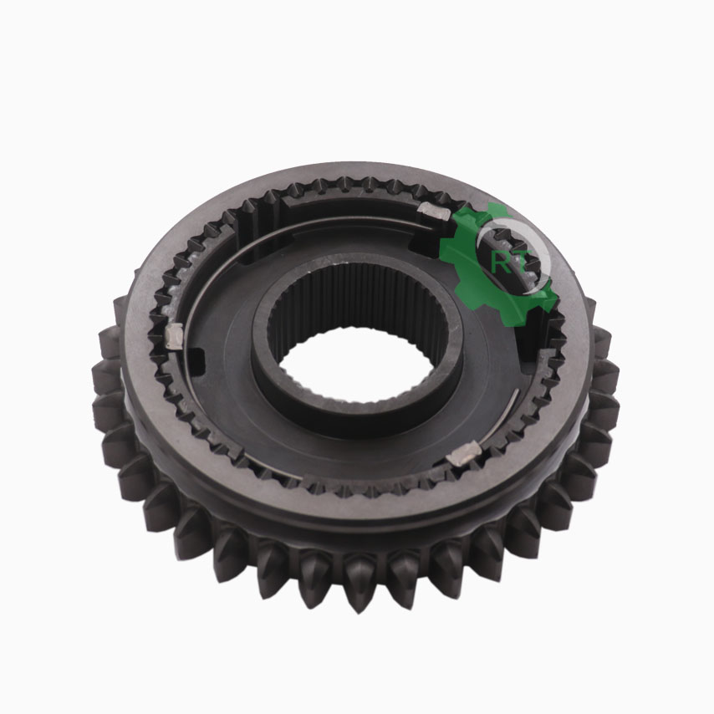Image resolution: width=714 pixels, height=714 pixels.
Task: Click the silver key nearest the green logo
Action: pyautogui.click(x=434, y=211)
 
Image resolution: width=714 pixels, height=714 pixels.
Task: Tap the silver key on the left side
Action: pyautogui.click(x=175, y=336)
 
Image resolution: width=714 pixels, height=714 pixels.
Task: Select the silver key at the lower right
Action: pyautogui.click(x=464, y=454)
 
